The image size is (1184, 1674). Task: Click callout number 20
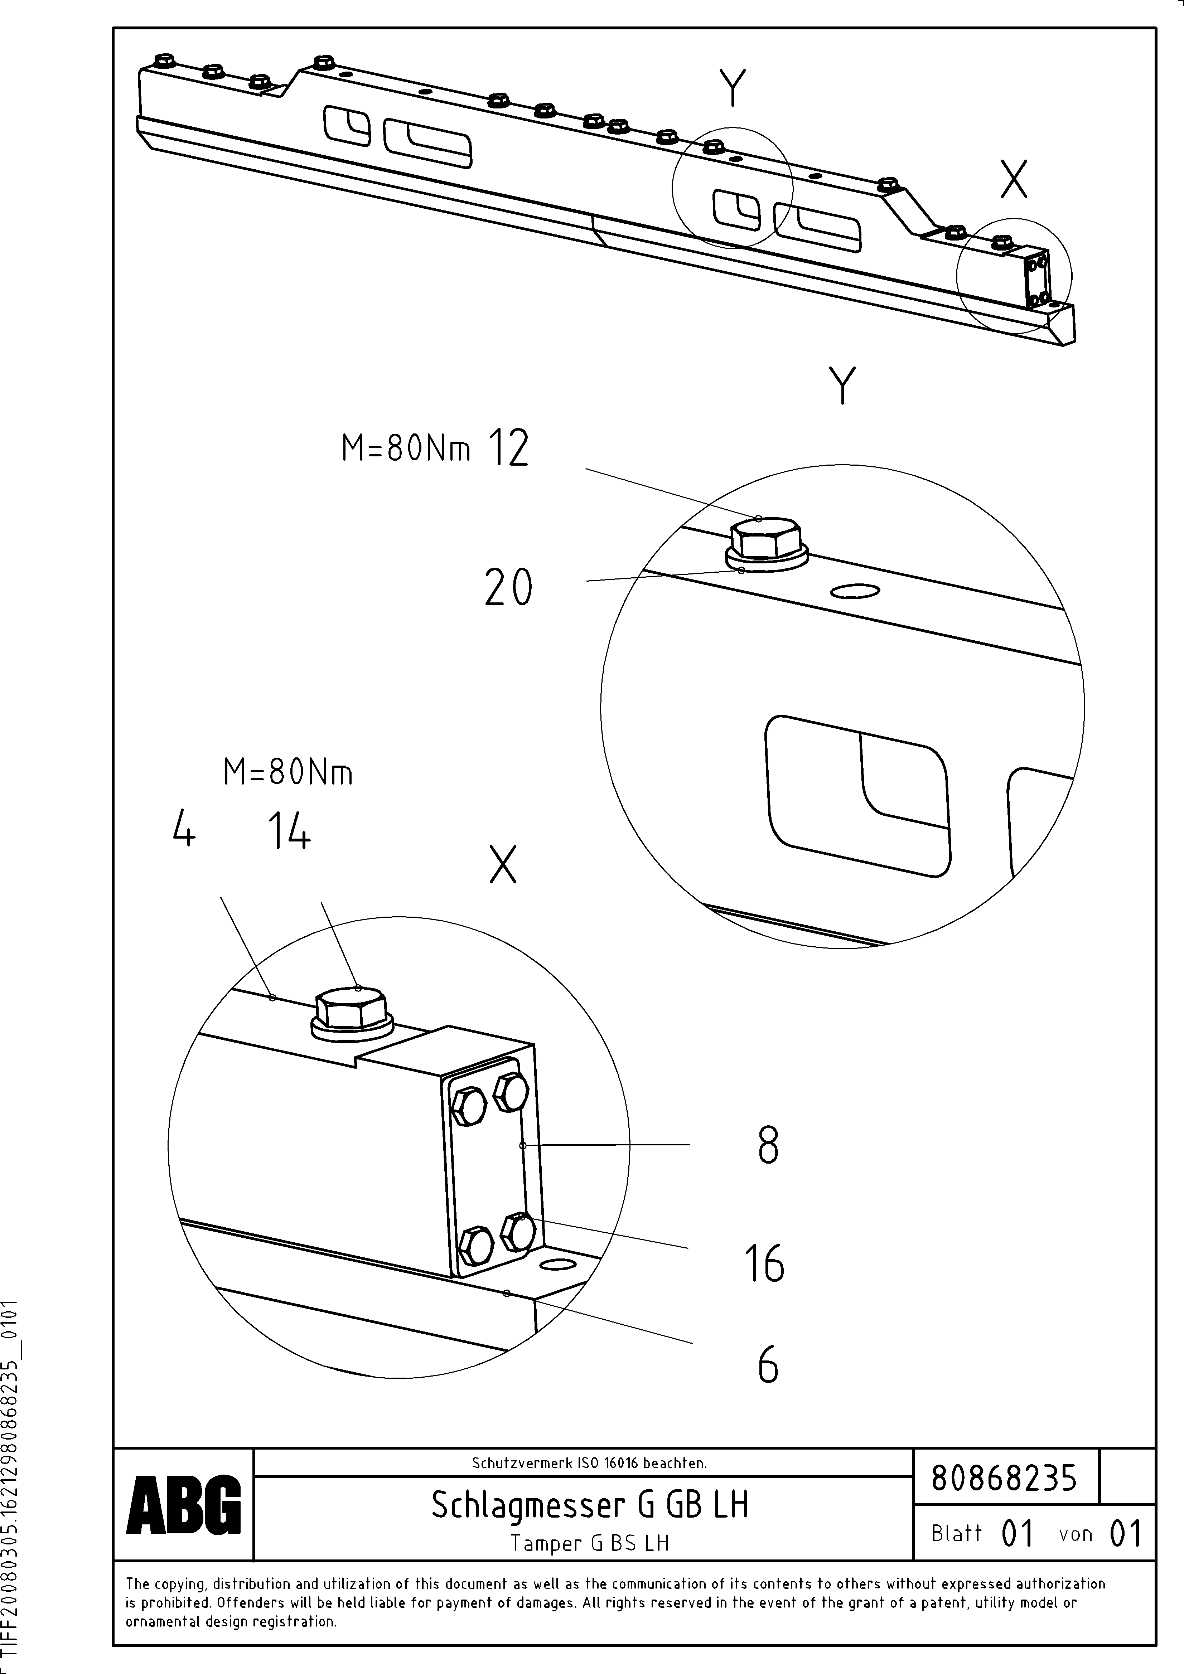pos(508,588)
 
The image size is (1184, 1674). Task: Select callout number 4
pos(184,830)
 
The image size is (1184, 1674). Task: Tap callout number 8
pos(768,1145)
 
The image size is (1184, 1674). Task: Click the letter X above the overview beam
pos(1013,179)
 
